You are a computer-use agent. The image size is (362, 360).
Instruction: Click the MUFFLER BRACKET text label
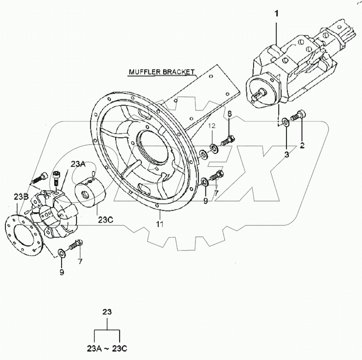pyautogui.click(x=161, y=72)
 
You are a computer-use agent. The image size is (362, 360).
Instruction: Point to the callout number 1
pyautogui.click(x=277, y=14)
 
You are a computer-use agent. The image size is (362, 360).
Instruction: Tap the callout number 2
pyautogui.click(x=302, y=145)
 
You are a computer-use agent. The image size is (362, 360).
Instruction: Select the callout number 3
pyautogui.click(x=287, y=154)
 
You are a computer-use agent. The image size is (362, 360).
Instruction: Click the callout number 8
pyautogui.click(x=230, y=114)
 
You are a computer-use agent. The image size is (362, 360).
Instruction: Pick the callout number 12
pyautogui.click(x=211, y=125)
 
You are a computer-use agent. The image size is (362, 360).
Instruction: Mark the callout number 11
pyautogui.click(x=159, y=224)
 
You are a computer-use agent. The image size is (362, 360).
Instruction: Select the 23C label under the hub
pyautogui.click(x=105, y=219)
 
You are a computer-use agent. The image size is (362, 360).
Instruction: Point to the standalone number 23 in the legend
pyautogui.click(x=107, y=312)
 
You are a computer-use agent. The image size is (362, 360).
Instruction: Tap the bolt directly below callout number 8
pyautogui.click(x=227, y=140)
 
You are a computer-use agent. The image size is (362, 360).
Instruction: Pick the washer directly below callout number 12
pyautogui.click(x=213, y=147)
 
